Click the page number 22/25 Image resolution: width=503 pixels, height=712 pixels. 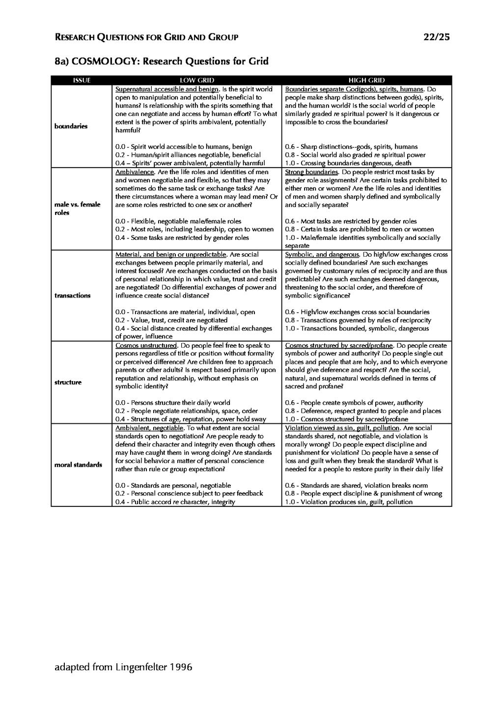pyautogui.click(x=436, y=37)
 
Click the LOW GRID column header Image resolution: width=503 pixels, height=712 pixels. pyautogui.click(x=196, y=80)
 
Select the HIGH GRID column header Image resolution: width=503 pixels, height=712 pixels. pyautogui.click(x=366, y=80)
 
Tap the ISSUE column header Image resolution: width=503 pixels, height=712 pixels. pyautogui.click(x=82, y=80)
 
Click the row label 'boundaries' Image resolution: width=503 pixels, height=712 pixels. pyautogui.click(x=71, y=126)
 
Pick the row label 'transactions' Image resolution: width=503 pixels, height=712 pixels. pyautogui.click(x=73, y=296)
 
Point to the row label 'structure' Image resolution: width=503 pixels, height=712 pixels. pyautogui.click(x=68, y=382)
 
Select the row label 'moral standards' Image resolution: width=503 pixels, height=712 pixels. pyautogui.click(x=78, y=465)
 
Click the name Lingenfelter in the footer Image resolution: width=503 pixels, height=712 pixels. pyautogui.click(x=141, y=667)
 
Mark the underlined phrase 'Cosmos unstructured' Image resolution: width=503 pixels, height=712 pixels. pyautogui.click(x=145, y=345)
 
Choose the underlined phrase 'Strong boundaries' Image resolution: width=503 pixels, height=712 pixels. pyautogui.click(x=311, y=172)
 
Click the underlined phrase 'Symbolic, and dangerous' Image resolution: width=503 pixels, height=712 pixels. pyautogui.click(x=322, y=255)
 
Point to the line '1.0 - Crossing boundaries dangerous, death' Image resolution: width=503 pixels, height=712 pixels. pyautogui.click(x=348, y=163)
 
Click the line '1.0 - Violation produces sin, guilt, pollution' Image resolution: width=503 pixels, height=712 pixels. pyautogui.click(x=349, y=502)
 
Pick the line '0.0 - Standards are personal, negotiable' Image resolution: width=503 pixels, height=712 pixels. pyautogui.click(x=173, y=485)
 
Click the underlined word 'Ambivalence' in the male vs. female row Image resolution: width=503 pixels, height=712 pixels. pyautogui.click(x=135, y=172)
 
